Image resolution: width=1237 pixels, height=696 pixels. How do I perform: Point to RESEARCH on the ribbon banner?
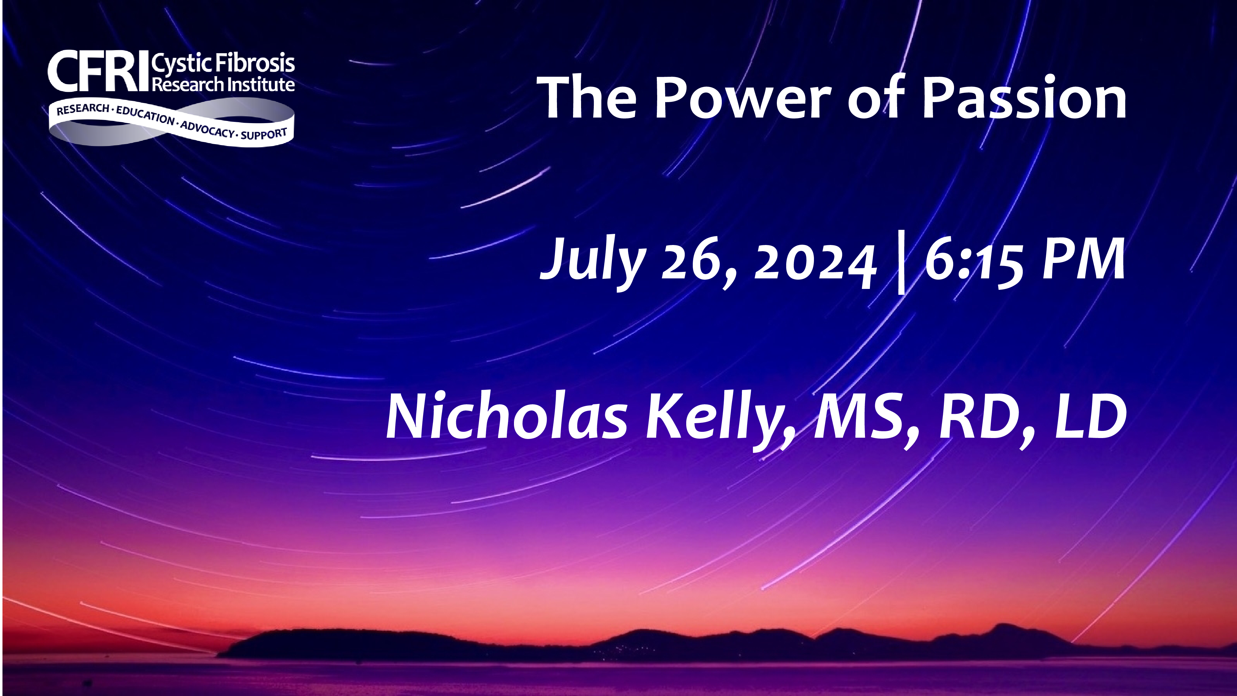83,109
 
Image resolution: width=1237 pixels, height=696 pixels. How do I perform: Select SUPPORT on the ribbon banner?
264,134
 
